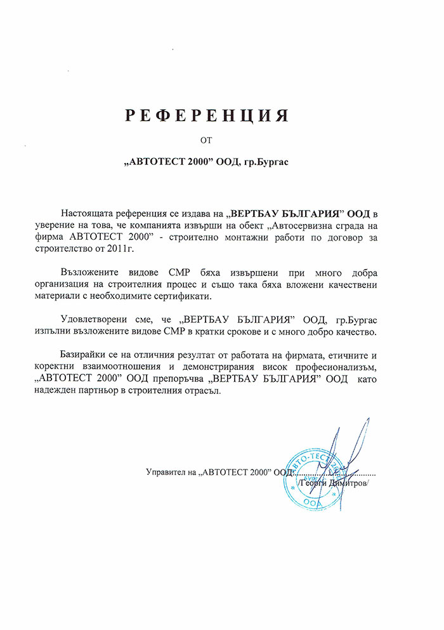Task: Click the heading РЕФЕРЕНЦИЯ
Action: click(206, 115)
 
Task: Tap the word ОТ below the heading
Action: click(206, 140)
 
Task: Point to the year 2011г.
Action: click(178, 247)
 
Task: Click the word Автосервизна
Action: click(302, 224)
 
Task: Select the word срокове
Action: click(249, 332)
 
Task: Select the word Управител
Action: click(166, 472)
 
